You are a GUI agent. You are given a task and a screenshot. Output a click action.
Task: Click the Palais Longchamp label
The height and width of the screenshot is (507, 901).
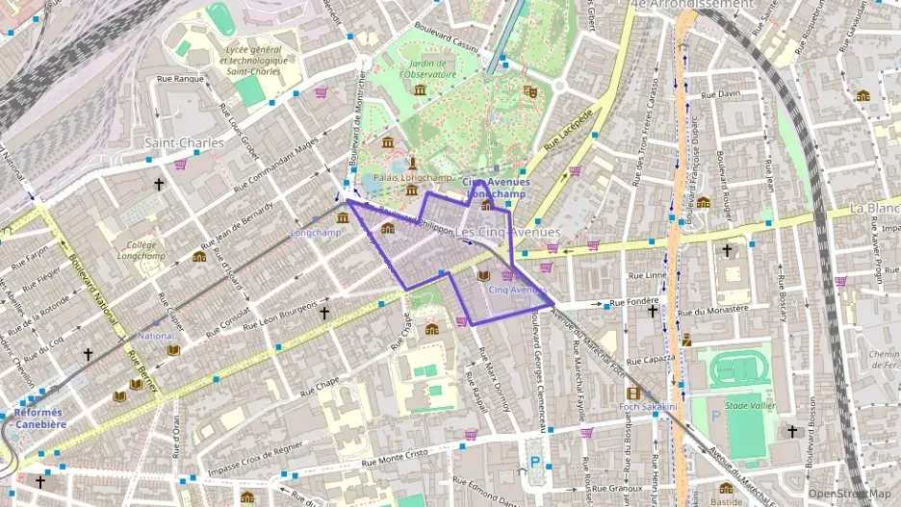[413, 178]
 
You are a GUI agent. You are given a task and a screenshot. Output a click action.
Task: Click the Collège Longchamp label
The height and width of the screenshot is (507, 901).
[141, 250]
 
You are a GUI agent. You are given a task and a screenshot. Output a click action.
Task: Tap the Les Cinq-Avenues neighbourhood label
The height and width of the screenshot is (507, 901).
[507, 233]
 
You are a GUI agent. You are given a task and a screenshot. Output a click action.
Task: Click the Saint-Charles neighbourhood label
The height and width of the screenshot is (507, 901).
[184, 142]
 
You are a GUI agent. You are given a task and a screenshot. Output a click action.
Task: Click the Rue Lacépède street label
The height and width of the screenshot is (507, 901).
[567, 139]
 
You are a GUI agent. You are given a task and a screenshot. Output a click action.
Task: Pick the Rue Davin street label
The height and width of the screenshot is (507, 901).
[721, 94]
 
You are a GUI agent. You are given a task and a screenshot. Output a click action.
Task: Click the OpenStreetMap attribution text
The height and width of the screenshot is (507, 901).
[853, 494]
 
